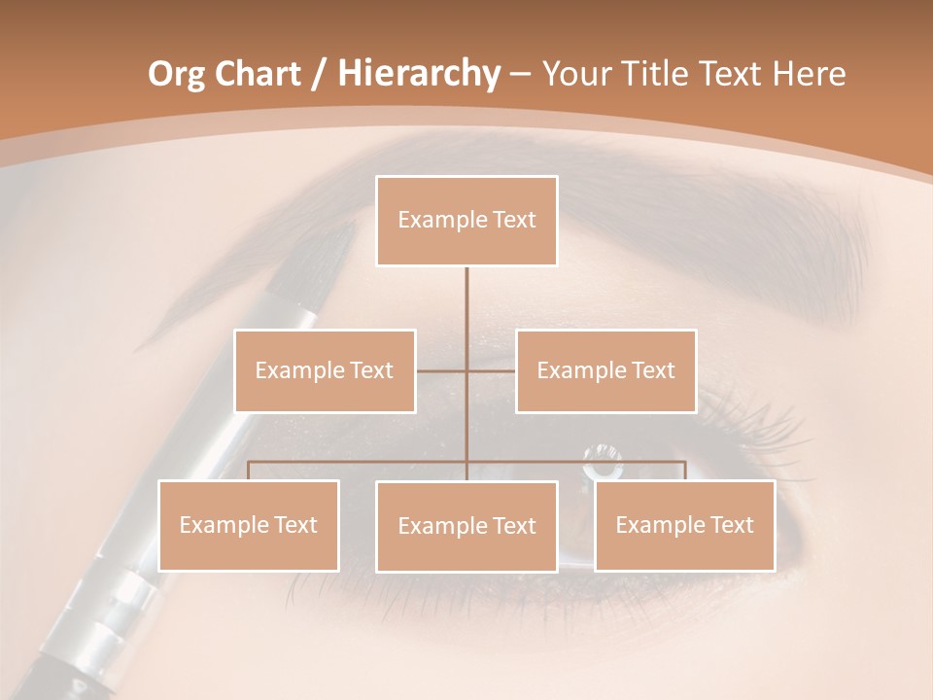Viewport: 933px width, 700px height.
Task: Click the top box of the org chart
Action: (466, 221)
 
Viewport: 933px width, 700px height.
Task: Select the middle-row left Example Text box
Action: (325, 370)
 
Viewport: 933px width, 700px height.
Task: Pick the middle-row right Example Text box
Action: (605, 370)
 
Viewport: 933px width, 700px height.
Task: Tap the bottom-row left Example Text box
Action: (249, 525)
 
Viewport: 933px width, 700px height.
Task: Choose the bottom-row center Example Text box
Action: (466, 526)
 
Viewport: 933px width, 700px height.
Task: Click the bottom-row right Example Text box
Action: (684, 525)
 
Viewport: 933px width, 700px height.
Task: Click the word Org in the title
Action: (177, 74)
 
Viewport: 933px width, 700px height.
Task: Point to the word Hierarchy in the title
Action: (419, 74)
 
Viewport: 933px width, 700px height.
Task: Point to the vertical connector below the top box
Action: (466, 311)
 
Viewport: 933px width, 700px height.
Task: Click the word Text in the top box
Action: (514, 220)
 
